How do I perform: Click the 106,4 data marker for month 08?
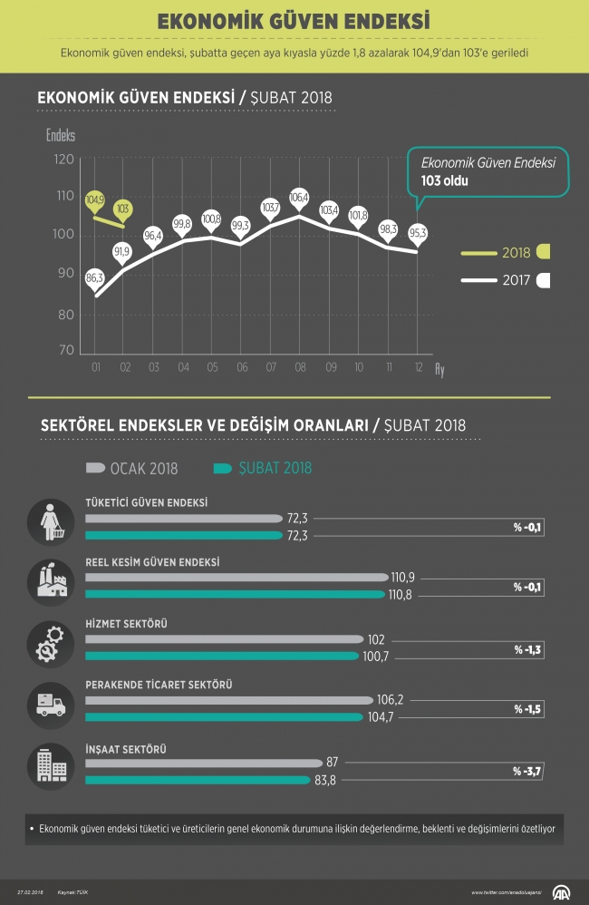(x=300, y=197)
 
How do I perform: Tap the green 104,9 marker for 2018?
(x=95, y=199)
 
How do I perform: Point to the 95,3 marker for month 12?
(x=418, y=232)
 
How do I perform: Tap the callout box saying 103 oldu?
(x=488, y=171)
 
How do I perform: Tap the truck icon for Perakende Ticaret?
(x=50, y=702)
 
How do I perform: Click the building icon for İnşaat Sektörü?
(x=50, y=764)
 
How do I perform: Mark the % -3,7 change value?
(x=526, y=771)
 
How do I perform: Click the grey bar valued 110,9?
(x=237, y=577)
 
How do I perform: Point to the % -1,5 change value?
(x=526, y=709)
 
